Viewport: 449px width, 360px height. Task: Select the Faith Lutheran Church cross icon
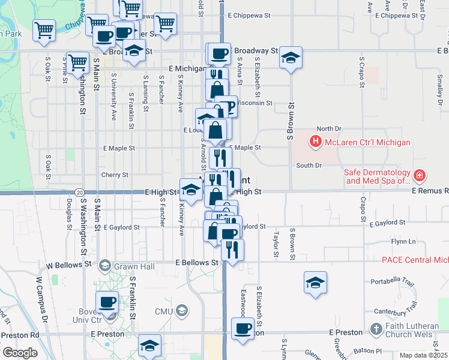(x=376, y=329)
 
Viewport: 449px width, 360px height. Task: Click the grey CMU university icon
(x=182, y=311)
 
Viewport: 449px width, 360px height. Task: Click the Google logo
(x=20, y=353)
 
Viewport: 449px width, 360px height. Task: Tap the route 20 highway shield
(x=80, y=192)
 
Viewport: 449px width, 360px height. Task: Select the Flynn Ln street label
(x=403, y=241)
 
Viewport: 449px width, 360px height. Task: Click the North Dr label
(x=329, y=128)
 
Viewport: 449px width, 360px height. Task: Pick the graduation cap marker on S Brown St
(x=291, y=58)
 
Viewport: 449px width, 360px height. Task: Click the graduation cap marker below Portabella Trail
(x=315, y=283)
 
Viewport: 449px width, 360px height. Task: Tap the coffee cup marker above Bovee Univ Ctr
(x=107, y=302)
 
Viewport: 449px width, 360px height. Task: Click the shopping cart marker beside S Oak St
(x=77, y=62)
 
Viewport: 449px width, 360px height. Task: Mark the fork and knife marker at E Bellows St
(x=232, y=249)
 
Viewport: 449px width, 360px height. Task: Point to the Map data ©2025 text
(x=424, y=355)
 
